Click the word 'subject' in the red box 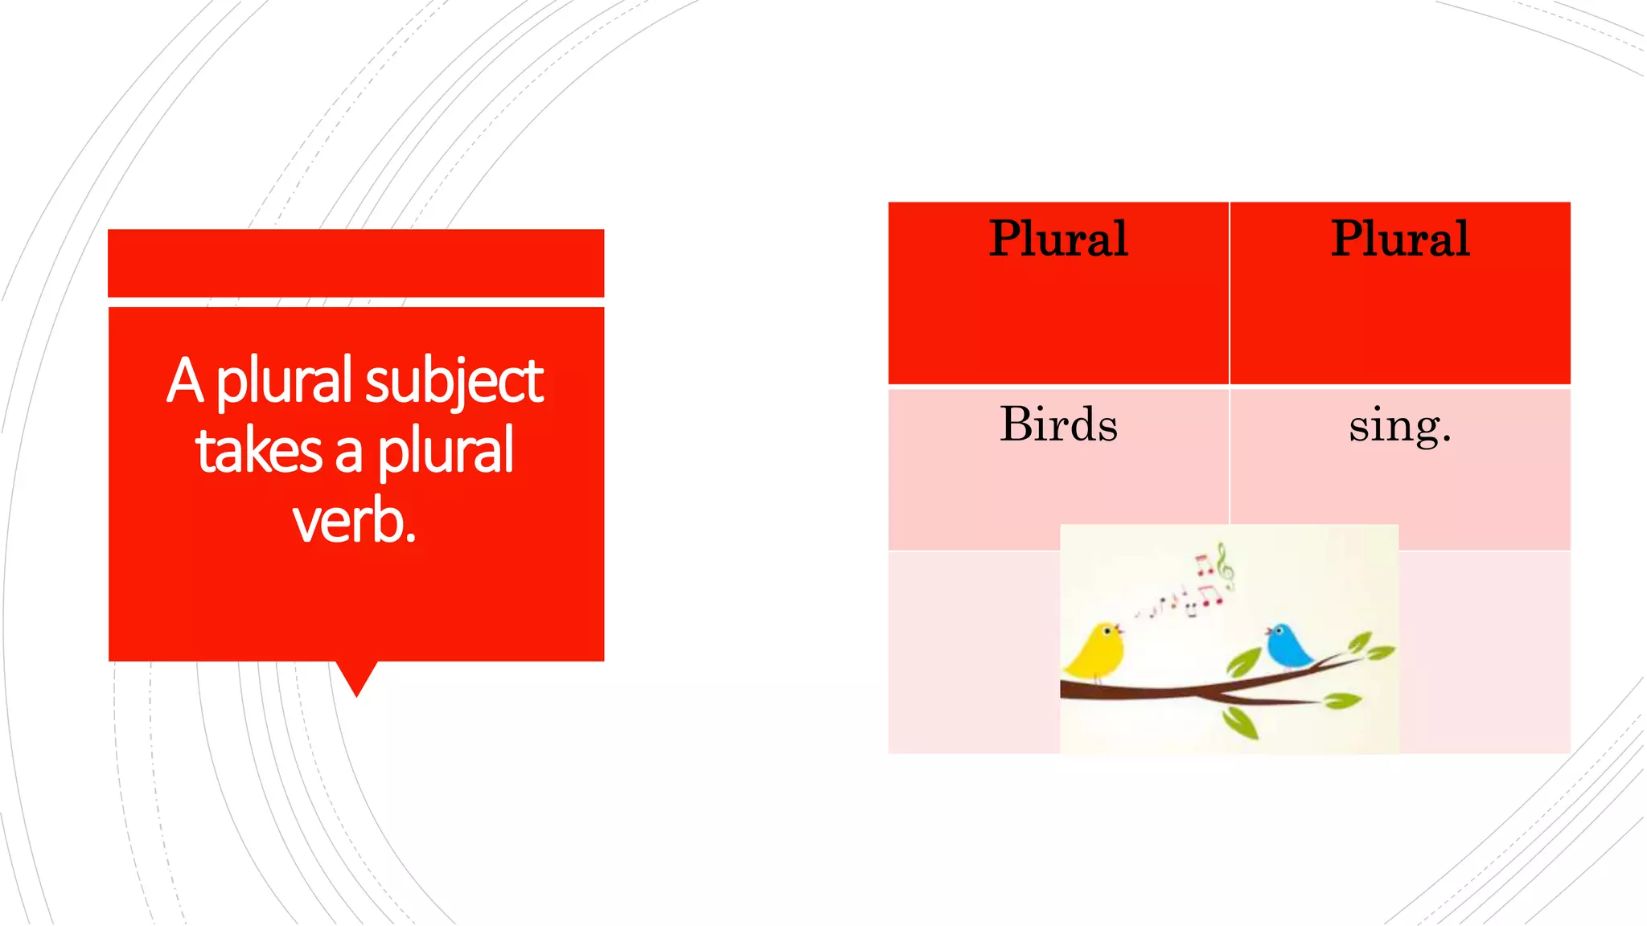[454, 380]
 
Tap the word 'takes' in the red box [258, 451]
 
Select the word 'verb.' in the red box [354, 522]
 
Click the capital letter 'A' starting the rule [185, 380]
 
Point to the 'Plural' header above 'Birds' [1058, 239]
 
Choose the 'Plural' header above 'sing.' [1400, 239]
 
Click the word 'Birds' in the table [1058, 424]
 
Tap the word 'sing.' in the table [1400, 425]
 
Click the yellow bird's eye [1108, 632]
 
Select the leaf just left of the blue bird [1243, 662]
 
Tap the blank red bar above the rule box [355, 263]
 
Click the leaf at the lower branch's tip [1341, 701]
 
